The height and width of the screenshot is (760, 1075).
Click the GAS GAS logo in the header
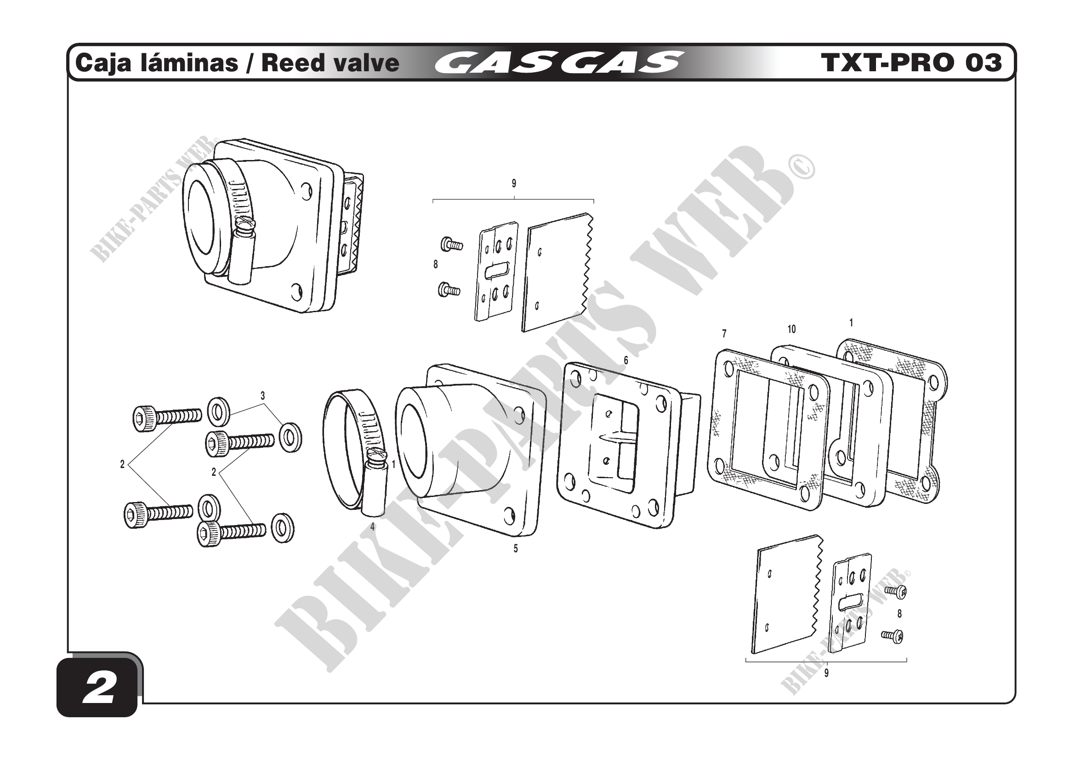coord(557,63)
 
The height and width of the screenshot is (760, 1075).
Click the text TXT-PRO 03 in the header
coord(911,63)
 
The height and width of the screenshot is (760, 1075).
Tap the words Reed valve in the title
coord(330,63)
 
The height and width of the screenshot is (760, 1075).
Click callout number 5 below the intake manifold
coord(516,549)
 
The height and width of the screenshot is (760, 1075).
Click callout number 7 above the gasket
coord(724,333)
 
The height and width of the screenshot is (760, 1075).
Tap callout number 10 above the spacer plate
coord(791,329)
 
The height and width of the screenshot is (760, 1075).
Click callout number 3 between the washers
coord(263,396)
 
